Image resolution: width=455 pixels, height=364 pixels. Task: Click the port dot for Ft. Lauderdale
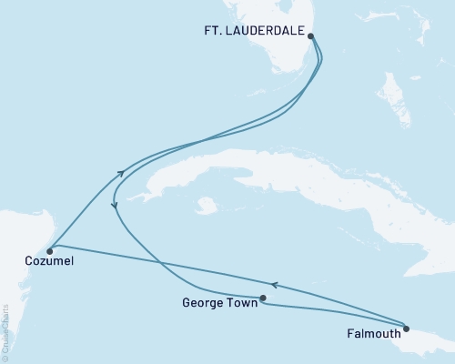(312, 37)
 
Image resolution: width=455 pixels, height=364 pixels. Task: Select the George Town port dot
(263, 298)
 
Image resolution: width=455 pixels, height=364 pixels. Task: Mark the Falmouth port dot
(407, 329)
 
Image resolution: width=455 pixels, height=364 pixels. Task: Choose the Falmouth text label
(371, 333)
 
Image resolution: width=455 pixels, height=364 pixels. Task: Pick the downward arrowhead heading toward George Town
(115, 207)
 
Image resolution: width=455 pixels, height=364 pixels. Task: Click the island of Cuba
(273, 173)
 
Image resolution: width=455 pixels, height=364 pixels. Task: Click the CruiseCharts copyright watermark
(5, 333)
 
